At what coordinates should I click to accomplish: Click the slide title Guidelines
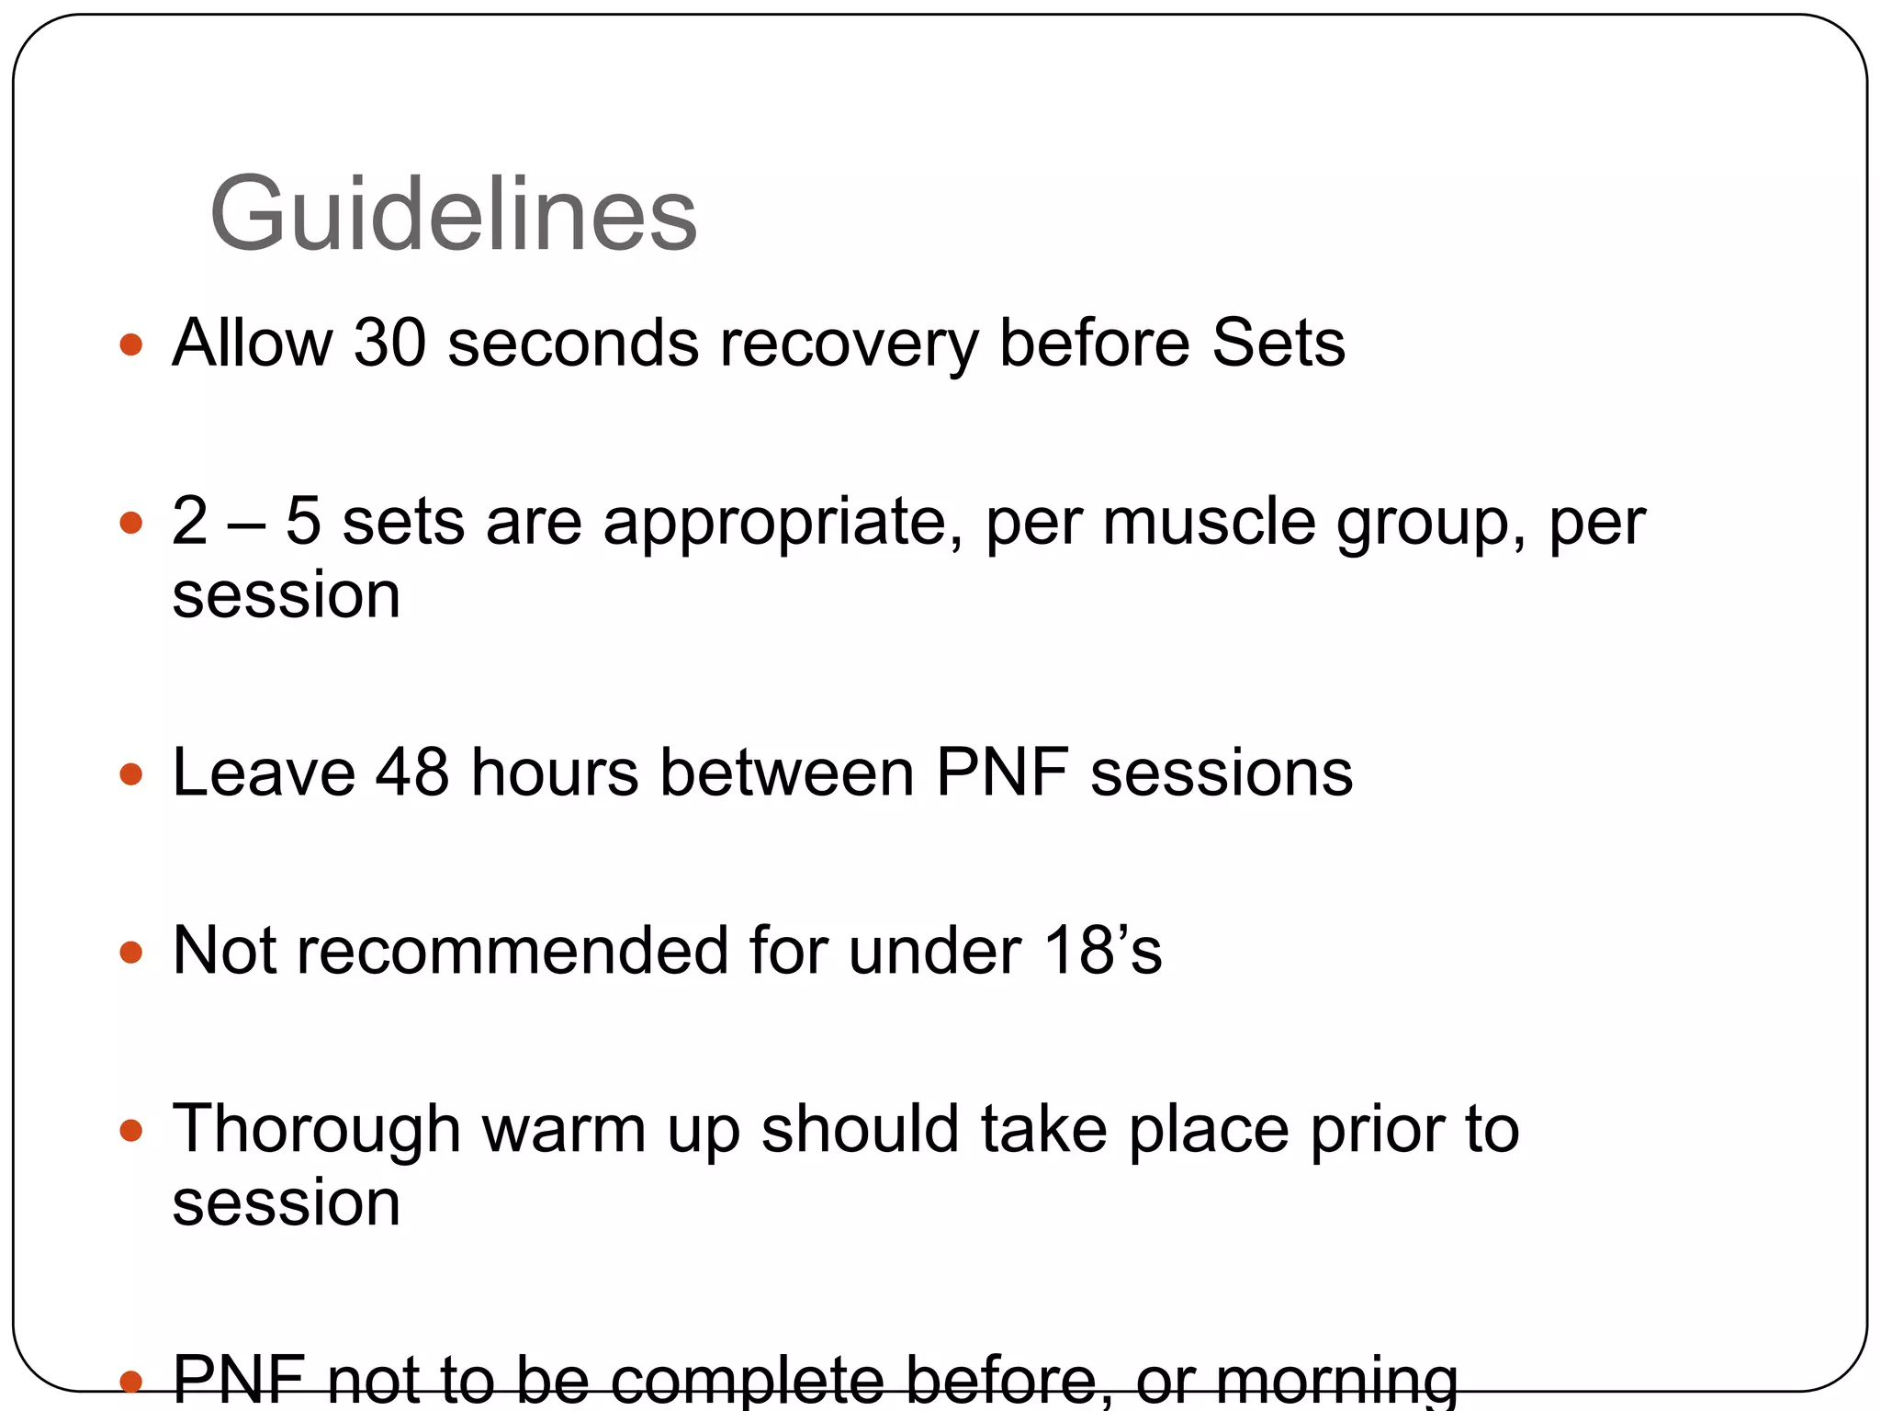(x=453, y=215)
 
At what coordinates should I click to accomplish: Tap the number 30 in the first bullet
(x=390, y=343)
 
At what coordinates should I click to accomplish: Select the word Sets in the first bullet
(x=1278, y=343)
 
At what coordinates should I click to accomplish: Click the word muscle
(x=1209, y=522)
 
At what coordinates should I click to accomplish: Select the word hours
(x=555, y=772)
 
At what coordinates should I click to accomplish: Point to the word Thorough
(x=316, y=1130)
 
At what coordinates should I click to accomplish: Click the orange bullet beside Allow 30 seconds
(x=131, y=344)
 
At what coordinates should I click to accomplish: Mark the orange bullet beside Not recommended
(x=131, y=952)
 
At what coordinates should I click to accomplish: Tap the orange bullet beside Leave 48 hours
(x=131, y=773)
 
